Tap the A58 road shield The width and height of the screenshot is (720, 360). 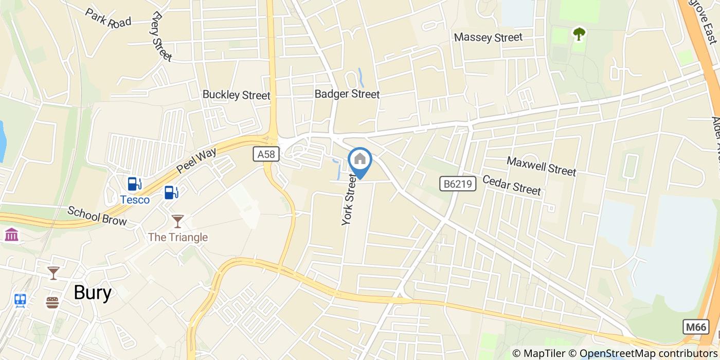pyautogui.click(x=266, y=154)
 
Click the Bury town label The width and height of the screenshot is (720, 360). pyautogui.click(x=93, y=293)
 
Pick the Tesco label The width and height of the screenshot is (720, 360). pyautogui.click(x=135, y=200)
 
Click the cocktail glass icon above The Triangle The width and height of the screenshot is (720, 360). pyautogui.click(x=177, y=221)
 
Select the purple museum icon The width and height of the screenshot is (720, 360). pyautogui.click(x=11, y=235)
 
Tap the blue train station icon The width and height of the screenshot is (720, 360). pyautogui.click(x=21, y=300)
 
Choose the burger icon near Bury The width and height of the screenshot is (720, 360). pyautogui.click(x=52, y=302)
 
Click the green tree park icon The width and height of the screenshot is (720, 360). pyautogui.click(x=580, y=34)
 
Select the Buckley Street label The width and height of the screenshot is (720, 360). pyautogui.click(x=236, y=95)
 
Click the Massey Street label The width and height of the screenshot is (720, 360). pyautogui.click(x=488, y=38)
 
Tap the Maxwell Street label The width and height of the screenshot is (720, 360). pyautogui.click(x=542, y=166)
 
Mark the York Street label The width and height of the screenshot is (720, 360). pyautogui.click(x=349, y=200)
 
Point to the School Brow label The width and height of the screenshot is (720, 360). pyautogui.click(x=97, y=216)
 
